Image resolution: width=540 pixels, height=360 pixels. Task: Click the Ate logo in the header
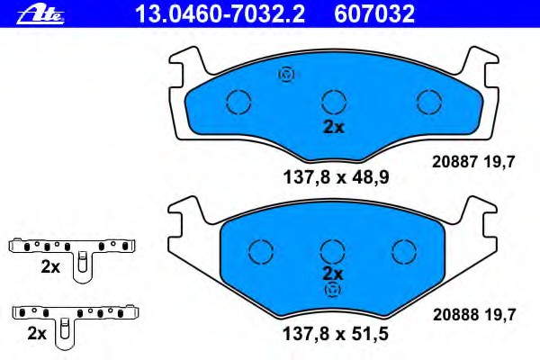pyautogui.click(x=40, y=14)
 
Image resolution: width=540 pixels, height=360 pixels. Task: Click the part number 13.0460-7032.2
pyautogui.click(x=220, y=14)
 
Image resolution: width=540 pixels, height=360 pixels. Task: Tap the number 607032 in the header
pyautogui.click(x=374, y=14)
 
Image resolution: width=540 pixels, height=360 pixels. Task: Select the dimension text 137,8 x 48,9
pyautogui.click(x=336, y=178)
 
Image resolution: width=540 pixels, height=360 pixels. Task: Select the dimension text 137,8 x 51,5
pyautogui.click(x=336, y=334)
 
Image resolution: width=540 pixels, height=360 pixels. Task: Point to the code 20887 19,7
pyautogui.click(x=473, y=162)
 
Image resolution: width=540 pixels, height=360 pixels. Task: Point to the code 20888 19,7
pyautogui.click(x=474, y=314)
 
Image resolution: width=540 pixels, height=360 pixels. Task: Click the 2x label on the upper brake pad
pyautogui.click(x=333, y=128)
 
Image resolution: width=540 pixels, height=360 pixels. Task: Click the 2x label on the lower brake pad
pyautogui.click(x=333, y=274)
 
